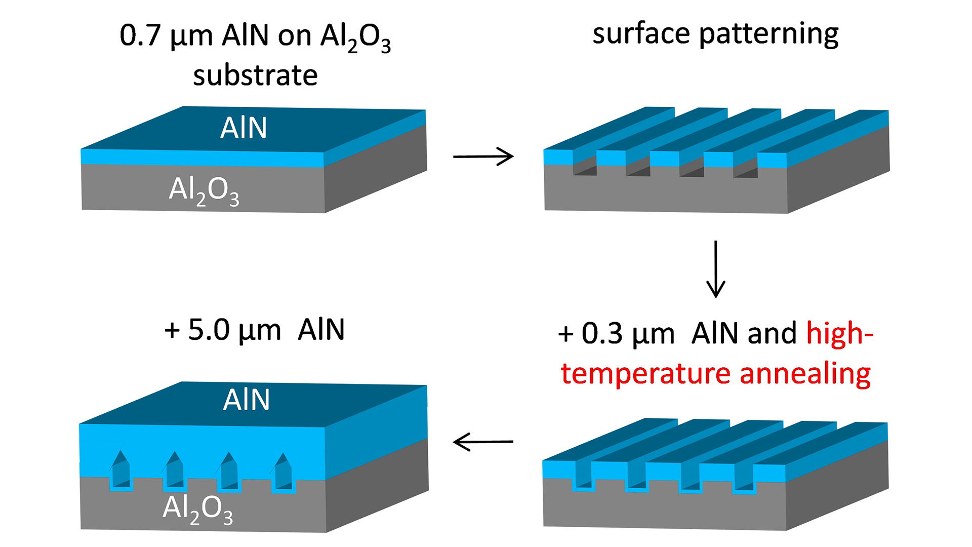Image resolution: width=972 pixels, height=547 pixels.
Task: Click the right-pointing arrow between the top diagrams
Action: click(x=483, y=157)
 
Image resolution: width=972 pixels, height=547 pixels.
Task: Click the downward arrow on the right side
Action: click(x=715, y=269)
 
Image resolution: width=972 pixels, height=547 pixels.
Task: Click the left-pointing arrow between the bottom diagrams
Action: click(x=483, y=442)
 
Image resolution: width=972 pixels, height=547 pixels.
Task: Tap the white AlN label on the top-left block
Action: click(x=244, y=128)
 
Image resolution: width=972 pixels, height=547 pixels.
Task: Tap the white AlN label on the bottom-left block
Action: click(x=247, y=400)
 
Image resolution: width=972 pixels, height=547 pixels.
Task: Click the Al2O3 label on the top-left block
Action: click(x=204, y=191)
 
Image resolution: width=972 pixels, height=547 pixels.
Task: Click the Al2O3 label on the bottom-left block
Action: click(x=198, y=510)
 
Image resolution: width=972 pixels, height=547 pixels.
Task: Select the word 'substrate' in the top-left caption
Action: click(x=255, y=75)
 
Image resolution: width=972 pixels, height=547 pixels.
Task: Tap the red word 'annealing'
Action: click(x=805, y=374)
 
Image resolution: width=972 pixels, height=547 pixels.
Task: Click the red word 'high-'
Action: click(x=840, y=334)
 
